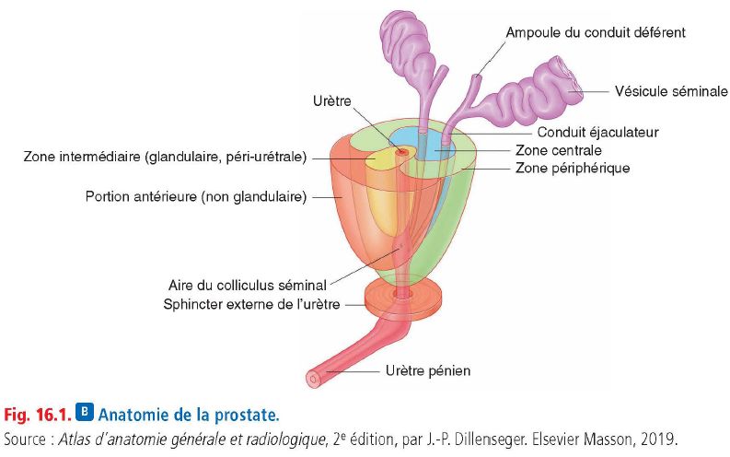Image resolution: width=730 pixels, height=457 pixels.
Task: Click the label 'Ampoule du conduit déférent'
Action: tap(596, 32)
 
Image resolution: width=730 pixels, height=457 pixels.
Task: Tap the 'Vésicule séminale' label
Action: tap(671, 91)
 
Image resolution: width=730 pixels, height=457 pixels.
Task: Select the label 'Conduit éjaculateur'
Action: tap(597, 133)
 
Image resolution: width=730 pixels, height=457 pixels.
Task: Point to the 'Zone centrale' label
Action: tap(558, 150)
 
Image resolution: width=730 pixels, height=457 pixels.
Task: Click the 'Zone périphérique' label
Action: tap(573, 168)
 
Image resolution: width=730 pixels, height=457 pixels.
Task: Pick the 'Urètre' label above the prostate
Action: tap(332, 100)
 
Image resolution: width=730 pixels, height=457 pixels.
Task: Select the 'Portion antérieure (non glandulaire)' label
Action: tap(196, 196)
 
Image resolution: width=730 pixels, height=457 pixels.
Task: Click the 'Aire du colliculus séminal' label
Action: tap(248, 285)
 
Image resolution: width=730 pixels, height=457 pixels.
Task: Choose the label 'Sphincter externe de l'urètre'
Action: tap(251, 304)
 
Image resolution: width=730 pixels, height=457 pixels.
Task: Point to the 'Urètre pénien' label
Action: tap(428, 370)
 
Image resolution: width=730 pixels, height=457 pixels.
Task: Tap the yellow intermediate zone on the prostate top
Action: tap(378, 159)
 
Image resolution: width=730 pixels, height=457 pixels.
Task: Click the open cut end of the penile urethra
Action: tap(313, 379)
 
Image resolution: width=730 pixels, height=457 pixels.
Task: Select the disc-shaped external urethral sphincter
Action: tap(402, 299)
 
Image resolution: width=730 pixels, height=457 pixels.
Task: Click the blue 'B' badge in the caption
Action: tap(85, 412)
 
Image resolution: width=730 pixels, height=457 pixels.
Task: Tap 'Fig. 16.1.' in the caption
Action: tap(38, 414)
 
